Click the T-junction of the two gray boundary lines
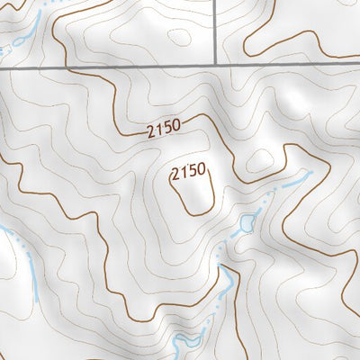click(218, 67)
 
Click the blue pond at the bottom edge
click(191, 342)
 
